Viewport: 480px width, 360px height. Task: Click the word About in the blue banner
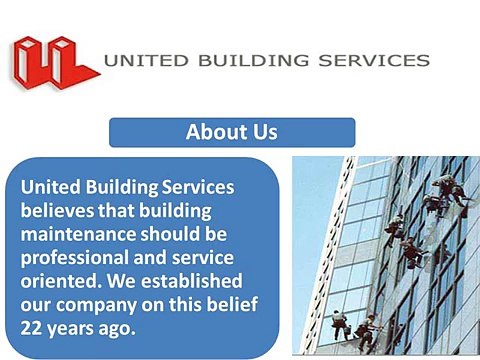click(212, 132)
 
